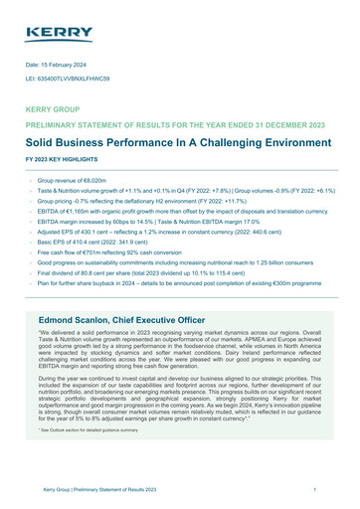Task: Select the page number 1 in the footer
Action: (x=313, y=491)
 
